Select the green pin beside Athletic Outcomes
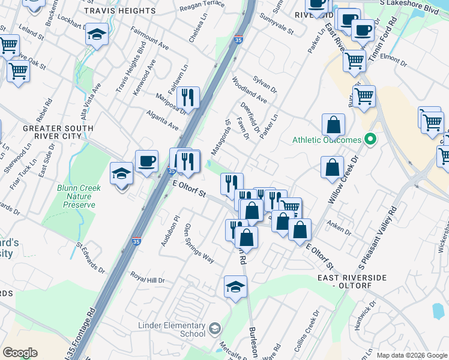(370, 140)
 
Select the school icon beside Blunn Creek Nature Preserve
(122, 174)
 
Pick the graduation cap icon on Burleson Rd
(236, 287)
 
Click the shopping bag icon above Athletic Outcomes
(333, 125)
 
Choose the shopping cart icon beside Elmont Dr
(354, 59)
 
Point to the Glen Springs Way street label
(199, 243)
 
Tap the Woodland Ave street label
(253, 89)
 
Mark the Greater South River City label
(58, 132)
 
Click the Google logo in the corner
(20, 352)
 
